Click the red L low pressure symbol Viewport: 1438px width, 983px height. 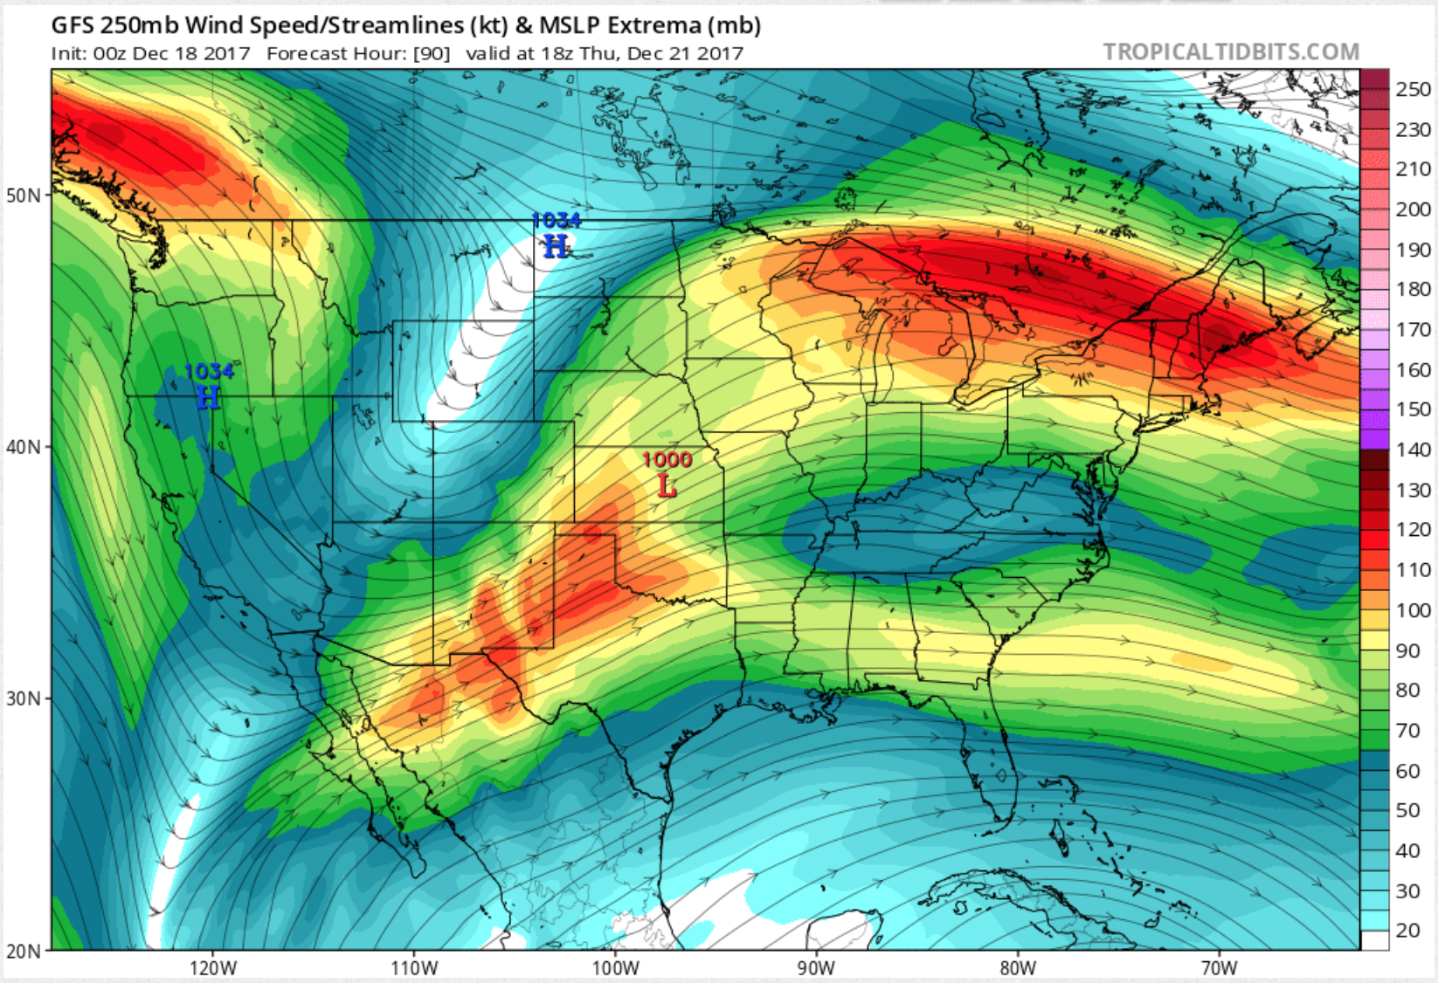pos(667,485)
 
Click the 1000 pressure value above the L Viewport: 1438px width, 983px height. pos(667,459)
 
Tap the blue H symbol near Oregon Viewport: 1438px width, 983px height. pos(208,398)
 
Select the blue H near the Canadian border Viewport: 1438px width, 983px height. pos(556,247)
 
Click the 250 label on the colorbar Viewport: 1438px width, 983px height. pos(1413,89)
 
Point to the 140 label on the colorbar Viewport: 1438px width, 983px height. pos(1413,450)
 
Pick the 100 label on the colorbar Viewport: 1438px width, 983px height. pos(1413,610)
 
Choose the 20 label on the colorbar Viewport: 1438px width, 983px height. pos(1407,930)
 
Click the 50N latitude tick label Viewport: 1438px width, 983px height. pos(24,195)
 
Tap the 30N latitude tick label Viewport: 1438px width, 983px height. pos(24,699)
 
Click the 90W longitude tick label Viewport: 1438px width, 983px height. pos(816,968)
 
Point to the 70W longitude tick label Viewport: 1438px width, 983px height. pos(1219,968)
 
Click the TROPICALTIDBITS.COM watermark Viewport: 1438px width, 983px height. pos(1230,52)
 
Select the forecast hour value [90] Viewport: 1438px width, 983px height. pos(432,53)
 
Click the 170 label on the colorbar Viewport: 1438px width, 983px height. pos(1413,329)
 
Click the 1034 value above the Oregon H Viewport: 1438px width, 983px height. pos(209,372)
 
